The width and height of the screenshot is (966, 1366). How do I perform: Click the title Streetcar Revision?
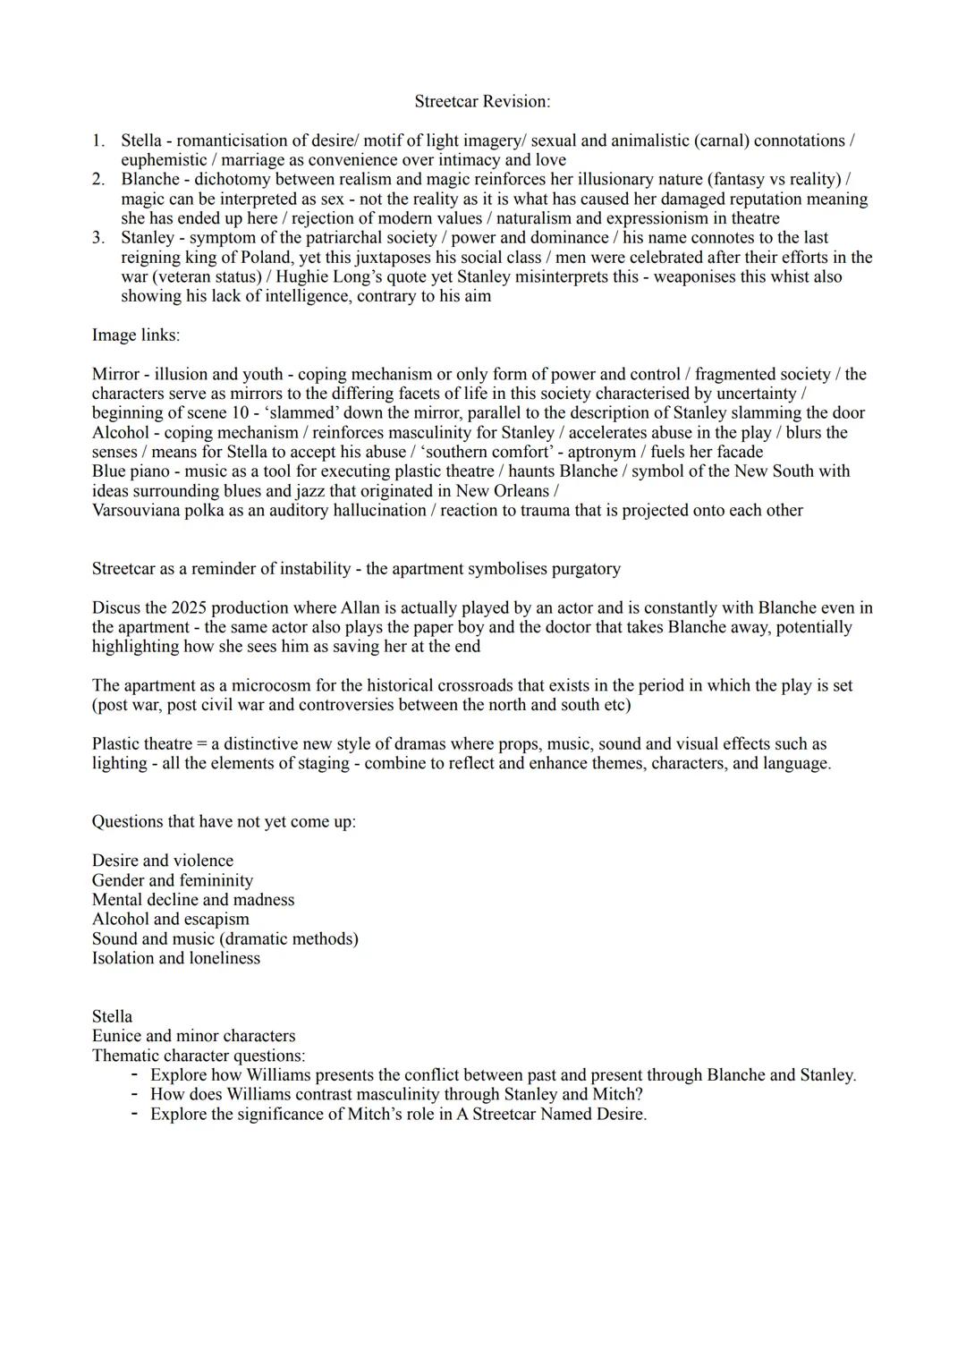pyautogui.click(x=482, y=102)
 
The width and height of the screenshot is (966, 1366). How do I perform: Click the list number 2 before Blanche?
pyautogui.click(x=97, y=180)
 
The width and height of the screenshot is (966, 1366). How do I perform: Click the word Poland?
pyautogui.click(x=266, y=258)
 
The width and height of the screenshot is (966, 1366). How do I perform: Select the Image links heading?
pyautogui.click(x=135, y=335)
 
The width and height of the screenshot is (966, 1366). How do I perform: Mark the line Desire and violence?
pyautogui.click(x=162, y=861)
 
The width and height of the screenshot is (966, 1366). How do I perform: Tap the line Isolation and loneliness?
pyautogui.click(x=175, y=959)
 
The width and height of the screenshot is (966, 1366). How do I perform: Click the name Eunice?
pyautogui.click(x=116, y=1037)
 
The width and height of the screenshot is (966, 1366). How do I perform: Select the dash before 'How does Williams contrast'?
pyautogui.click(x=134, y=1095)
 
